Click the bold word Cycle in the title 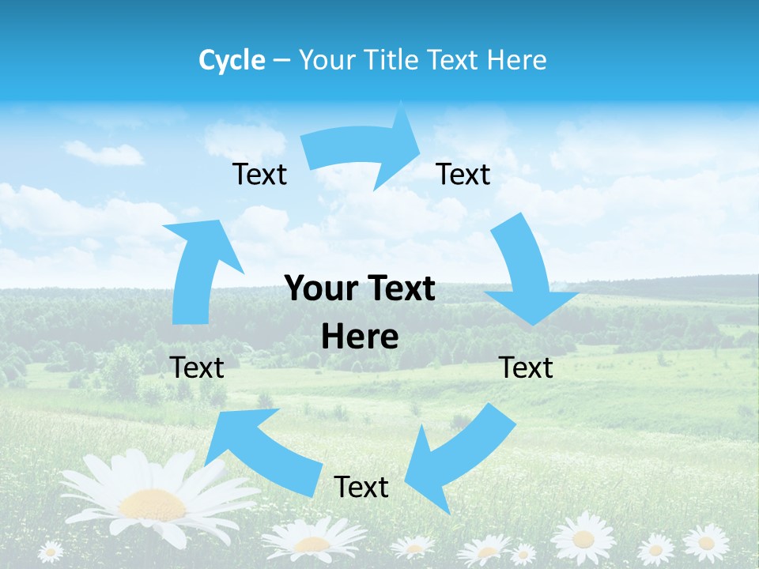[x=232, y=60]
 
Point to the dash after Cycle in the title [x=281, y=60]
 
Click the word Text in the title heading [x=453, y=60]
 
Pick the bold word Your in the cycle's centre [x=315, y=289]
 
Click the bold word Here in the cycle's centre [x=360, y=337]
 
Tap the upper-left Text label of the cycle [x=259, y=174]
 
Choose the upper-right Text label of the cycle [x=463, y=174]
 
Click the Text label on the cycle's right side [x=526, y=367]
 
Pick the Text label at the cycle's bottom [x=361, y=487]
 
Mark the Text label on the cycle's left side [x=197, y=367]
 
